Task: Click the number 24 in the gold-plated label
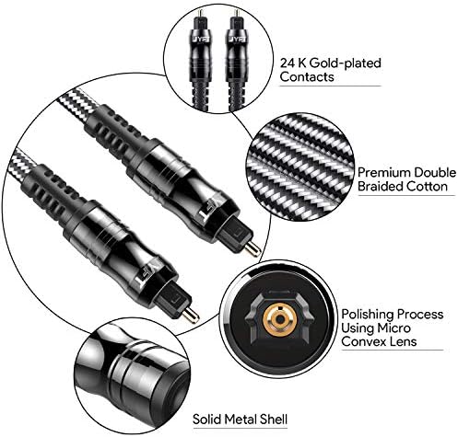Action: click(288, 63)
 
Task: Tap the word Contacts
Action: click(307, 76)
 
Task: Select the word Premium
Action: click(384, 173)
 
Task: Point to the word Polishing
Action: click(367, 315)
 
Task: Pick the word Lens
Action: click(404, 341)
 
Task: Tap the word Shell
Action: click(274, 419)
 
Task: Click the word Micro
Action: click(393, 328)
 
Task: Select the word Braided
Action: click(381, 187)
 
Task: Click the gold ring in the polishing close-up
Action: click(279, 319)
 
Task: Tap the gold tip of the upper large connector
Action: click(253, 247)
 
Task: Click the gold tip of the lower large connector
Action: click(191, 315)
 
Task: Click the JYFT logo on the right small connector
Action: click(236, 40)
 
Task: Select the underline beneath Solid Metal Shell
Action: click(241, 428)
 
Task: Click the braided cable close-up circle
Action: click(300, 167)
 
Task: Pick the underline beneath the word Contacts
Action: click(330, 86)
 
